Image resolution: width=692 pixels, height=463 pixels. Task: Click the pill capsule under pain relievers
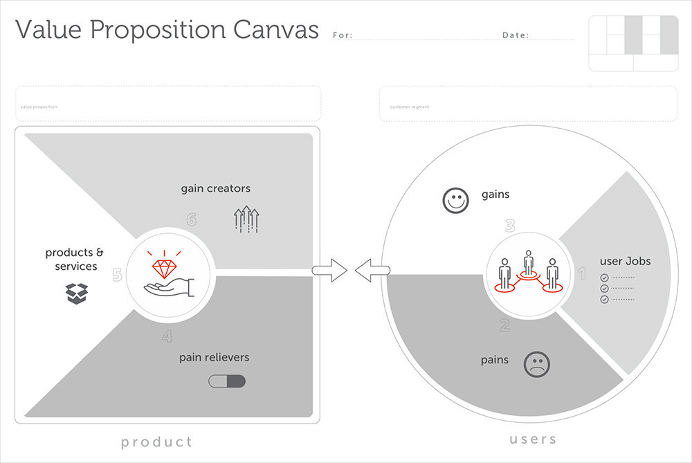pos(227,381)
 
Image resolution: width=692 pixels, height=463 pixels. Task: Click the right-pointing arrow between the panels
pos(330,271)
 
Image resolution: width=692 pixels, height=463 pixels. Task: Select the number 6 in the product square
pos(192,219)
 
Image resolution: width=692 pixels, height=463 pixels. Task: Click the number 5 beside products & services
pos(118,275)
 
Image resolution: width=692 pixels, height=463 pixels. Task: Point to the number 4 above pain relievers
pos(167,337)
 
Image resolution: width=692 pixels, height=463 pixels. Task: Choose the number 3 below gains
pos(510,226)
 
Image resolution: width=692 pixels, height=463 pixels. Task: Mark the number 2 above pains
pos(504,325)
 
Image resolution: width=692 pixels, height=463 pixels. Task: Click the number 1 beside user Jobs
pos(582,275)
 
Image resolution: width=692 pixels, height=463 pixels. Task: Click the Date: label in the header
pos(516,35)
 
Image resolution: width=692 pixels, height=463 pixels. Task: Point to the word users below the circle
pos(533,439)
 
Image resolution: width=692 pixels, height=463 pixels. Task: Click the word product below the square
pos(156,442)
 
